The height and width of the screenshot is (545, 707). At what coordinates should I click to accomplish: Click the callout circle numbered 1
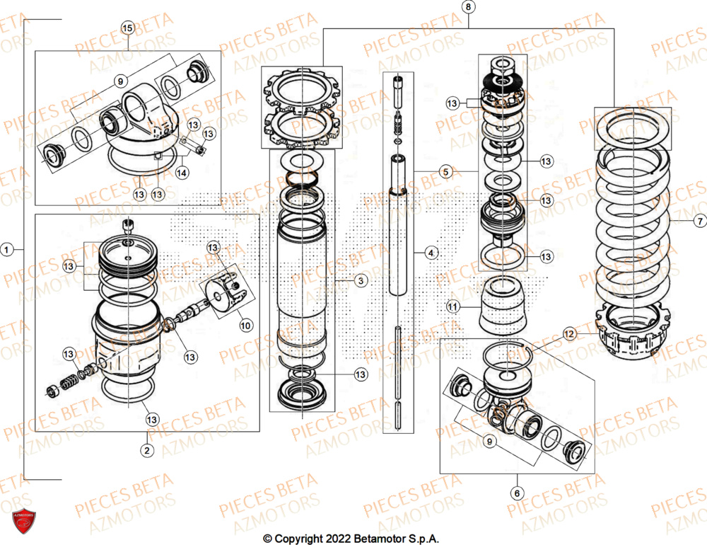click(8, 249)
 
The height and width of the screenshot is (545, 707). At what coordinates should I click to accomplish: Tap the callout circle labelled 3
click(361, 281)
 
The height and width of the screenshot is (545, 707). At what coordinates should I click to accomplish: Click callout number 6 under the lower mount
click(517, 493)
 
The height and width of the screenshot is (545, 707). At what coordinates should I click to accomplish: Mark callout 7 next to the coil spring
click(699, 222)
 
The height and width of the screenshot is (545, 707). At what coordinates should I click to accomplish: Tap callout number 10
click(245, 325)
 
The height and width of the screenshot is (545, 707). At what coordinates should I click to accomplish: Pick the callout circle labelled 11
click(452, 306)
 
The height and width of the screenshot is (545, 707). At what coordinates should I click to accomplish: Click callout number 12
click(570, 333)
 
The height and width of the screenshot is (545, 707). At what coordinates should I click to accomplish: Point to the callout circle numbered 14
click(182, 171)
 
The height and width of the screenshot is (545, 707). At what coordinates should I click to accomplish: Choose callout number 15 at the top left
click(127, 28)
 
